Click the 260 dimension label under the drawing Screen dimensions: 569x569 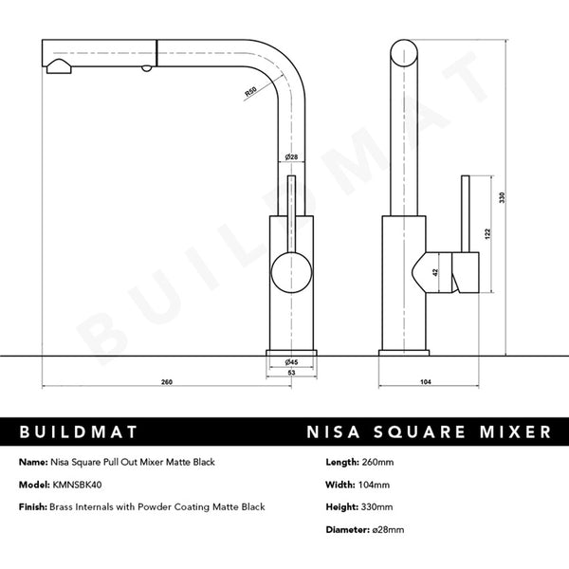(167, 382)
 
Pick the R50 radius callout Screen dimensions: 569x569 (249, 92)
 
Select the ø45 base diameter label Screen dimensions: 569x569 (292, 362)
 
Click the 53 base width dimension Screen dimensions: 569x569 (292, 374)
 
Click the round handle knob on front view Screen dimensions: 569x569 (292, 275)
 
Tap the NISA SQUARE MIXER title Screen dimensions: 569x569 (428, 431)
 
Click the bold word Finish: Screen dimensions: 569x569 (35, 507)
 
